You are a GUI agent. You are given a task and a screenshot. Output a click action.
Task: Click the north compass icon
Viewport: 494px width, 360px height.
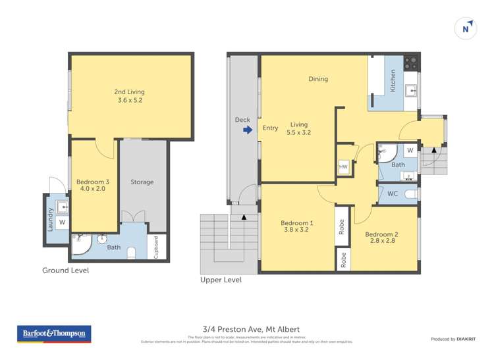466,28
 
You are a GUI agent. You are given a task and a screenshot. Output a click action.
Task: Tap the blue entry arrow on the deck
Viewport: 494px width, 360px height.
248,130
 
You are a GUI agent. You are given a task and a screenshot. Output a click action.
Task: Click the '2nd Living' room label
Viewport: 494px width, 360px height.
129,92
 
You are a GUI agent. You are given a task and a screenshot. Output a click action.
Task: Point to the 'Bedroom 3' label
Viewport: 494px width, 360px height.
91,182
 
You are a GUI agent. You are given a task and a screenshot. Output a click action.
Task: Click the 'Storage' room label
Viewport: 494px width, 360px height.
142,182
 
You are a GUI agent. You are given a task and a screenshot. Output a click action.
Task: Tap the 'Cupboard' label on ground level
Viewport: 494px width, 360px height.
156,247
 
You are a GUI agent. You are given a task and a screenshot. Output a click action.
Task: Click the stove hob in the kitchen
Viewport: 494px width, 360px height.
410,63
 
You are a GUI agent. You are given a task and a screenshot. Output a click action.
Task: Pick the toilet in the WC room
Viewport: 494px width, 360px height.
409,193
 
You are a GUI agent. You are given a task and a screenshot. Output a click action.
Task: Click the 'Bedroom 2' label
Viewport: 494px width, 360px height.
382,235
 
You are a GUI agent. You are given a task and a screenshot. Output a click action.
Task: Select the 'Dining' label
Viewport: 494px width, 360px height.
318,79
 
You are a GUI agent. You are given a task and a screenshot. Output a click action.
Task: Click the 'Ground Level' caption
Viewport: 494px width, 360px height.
65,270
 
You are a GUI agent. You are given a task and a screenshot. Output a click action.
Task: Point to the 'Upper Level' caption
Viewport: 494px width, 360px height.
221,280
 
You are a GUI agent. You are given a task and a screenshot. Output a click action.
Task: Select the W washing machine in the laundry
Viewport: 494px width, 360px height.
62,223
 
